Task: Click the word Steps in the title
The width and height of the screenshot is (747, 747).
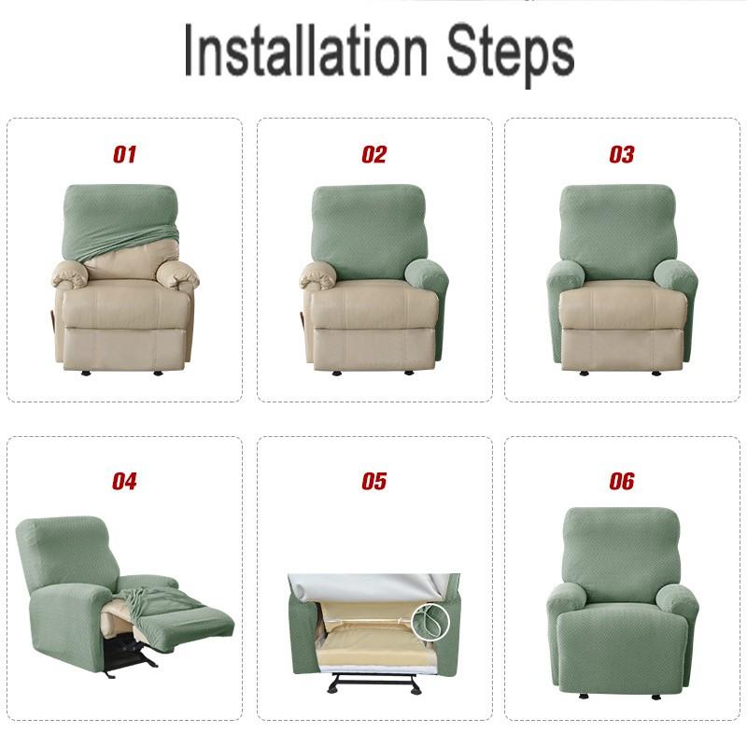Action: (x=509, y=51)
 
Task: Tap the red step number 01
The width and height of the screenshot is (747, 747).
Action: (x=124, y=155)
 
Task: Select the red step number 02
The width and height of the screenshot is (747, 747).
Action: (x=373, y=155)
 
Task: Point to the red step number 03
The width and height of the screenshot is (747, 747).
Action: (x=622, y=155)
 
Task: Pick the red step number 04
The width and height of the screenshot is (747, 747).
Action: (x=124, y=482)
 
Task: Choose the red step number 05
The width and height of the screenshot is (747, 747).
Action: (x=373, y=482)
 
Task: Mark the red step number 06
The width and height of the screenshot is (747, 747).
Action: (x=622, y=482)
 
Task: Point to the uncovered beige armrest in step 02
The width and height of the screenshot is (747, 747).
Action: (x=319, y=275)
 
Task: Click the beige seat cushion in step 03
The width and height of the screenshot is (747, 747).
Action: (x=623, y=303)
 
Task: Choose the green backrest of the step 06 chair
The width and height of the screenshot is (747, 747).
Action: (x=622, y=551)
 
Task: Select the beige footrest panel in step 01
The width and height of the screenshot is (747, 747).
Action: (x=124, y=347)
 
